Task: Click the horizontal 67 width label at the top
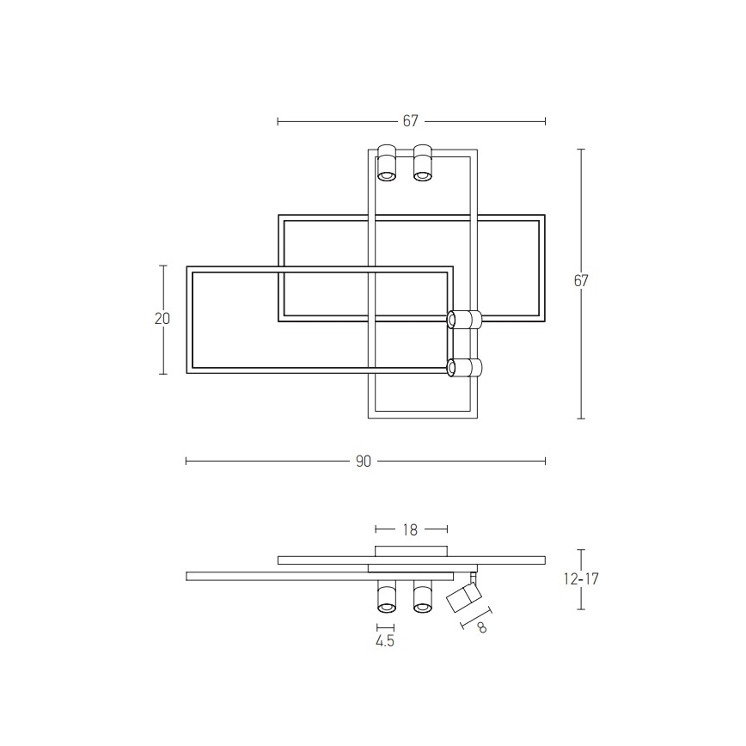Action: pyautogui.click(x=410, y=121)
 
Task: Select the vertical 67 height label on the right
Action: pyautogui.click(x=581, y=280)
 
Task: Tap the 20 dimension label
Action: pyautogui.click(x=162, y=319)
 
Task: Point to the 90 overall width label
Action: pyautogui.click(x=363, y=462)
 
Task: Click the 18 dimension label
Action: pyautogui.click(x=411, y=530)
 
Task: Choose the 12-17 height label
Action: pyautogui.click(x=582, y=579)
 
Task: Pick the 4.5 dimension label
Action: pyautogui.click(x=385, y=641)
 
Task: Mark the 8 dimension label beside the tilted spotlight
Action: pyautogui.click(x=481, y=628)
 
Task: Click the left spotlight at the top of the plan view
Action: pyautogui.click(x=386, y=163)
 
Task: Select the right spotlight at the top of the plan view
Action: pyautogui.click(x=422, y=163)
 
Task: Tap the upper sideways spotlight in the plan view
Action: pyautogui.click(x=465, y=321)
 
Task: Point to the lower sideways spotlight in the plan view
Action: pyautogui.click(x=465, y=368)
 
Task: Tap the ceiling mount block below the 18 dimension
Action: pyautogui.click(x=411, y=550)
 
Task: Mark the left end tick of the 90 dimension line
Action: pyautogui.click(x=186, y=462)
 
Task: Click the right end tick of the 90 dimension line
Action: pyautogui.click(x=545, y=462)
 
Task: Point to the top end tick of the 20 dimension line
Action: pyautogui.click(x=162, y=266)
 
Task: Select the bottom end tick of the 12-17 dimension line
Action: pyautogui.click(x=582, y=609)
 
